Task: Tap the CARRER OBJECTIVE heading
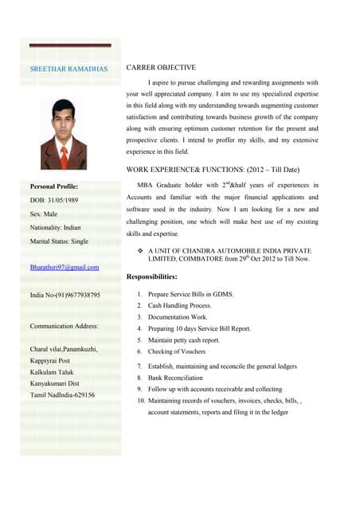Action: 163,69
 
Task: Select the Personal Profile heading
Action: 59,186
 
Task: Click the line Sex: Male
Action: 43,214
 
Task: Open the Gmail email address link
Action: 65,268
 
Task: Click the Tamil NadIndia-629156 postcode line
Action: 61,394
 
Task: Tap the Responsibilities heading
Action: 152,277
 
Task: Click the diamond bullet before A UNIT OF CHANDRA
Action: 141,251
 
